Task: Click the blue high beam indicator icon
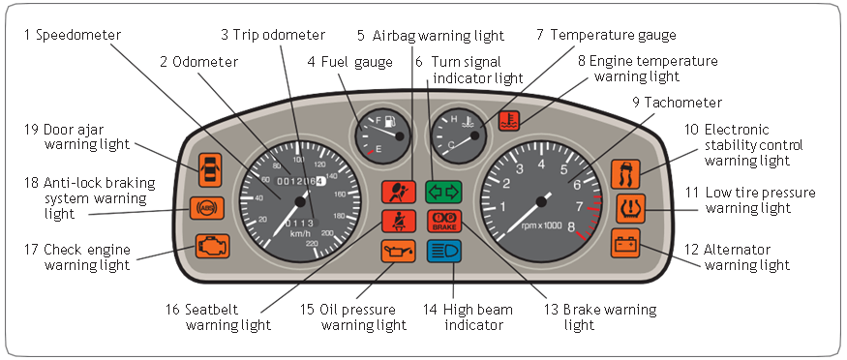click(444, 251)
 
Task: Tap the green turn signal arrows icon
click(443, 192)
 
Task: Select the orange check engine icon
click(213, 246)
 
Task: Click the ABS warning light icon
click(207, 208)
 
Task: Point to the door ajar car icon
click(210, 170)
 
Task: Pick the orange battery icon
click(625, 243)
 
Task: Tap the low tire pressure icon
click(630, 208)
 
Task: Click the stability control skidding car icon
click(625, 174)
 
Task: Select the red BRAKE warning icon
click(444, 222)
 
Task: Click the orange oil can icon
click(399, 251)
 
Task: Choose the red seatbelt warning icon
click(399, 222)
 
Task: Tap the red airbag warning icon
click(399, 192)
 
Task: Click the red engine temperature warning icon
click(509, 121)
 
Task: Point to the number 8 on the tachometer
click(571, 227)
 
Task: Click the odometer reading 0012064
click(300, 181)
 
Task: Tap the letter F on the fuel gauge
click(378, 119)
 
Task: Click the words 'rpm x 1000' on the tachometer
click(542, 225)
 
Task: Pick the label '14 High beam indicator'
click(468, 317)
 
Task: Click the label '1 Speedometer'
click(72, 35)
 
